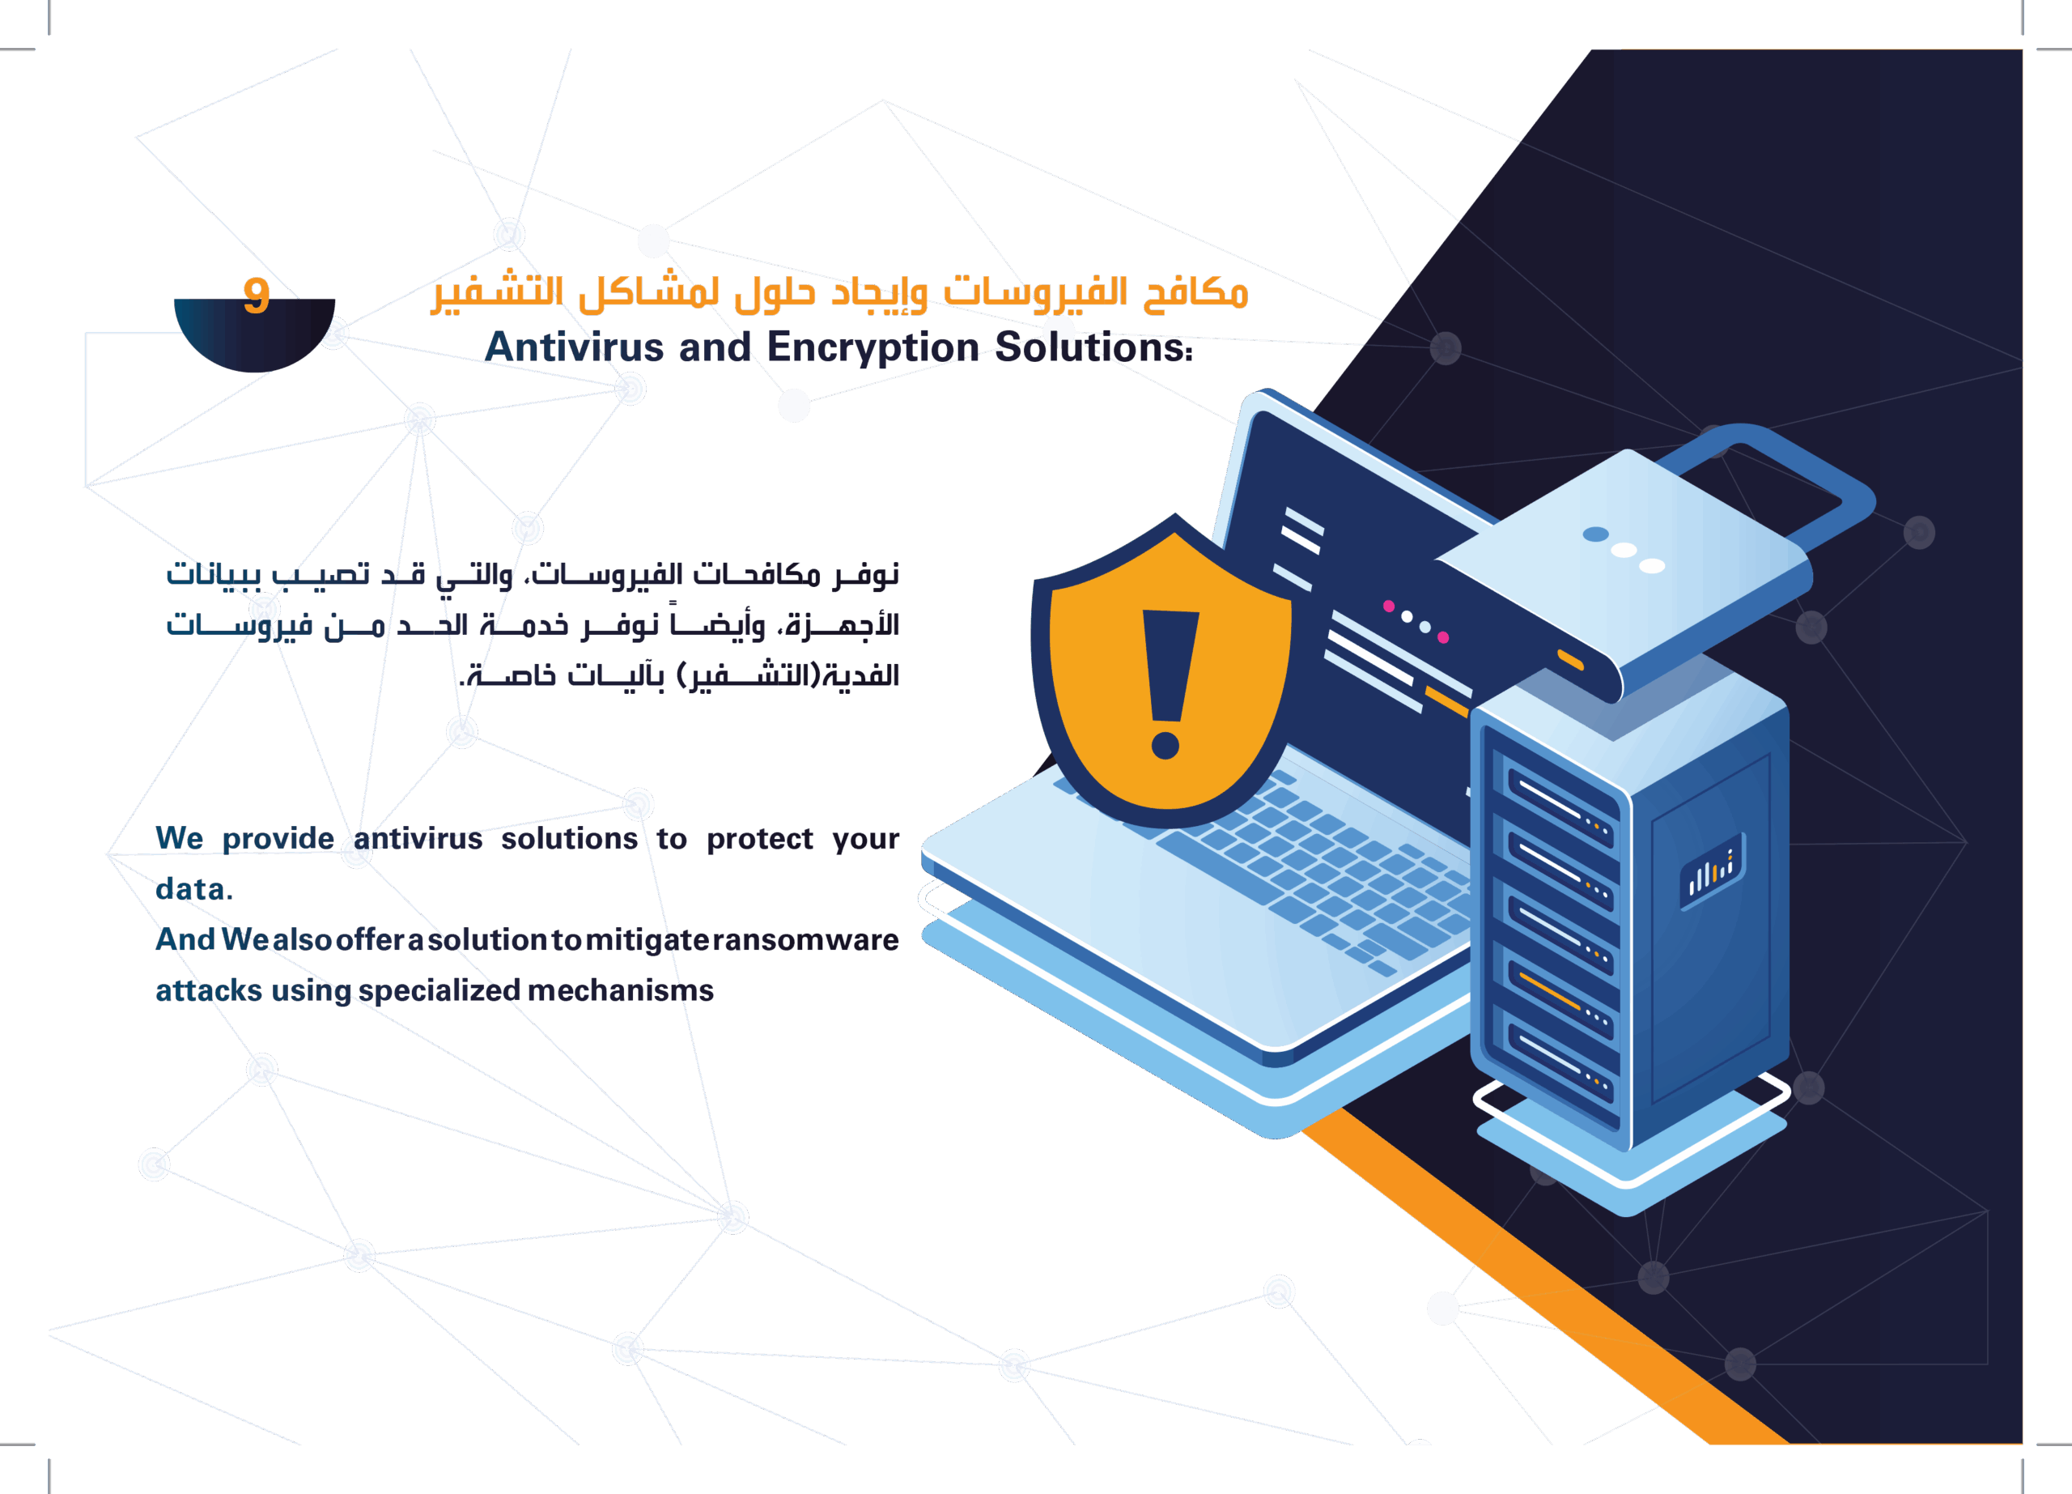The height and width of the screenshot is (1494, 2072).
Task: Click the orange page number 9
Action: (257, 295)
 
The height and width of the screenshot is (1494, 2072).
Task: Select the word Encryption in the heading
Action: (872, 347)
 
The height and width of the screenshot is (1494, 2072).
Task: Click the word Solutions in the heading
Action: (1091, 347)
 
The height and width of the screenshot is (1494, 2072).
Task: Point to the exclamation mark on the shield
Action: (1168, 681)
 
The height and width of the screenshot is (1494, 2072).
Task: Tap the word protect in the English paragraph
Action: (759, 839)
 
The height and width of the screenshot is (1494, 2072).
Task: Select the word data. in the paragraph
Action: (193, 889)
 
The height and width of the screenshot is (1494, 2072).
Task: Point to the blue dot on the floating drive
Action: (1595, 534)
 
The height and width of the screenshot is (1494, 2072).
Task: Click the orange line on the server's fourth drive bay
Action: (1549, 990)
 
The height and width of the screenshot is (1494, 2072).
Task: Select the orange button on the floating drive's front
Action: (1570, 660)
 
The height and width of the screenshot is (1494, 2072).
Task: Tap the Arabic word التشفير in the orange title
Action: (497, 292)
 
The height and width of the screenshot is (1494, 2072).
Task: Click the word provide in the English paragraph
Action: (278, 839)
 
